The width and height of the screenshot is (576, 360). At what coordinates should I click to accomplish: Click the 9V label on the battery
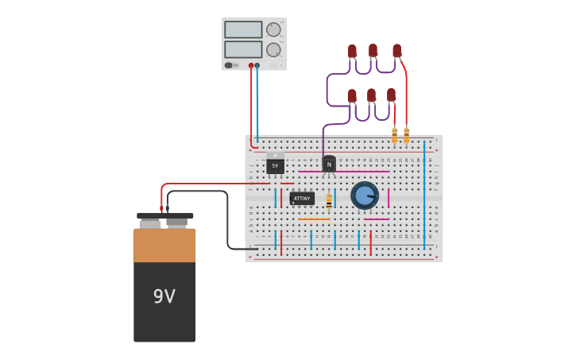point(164,296)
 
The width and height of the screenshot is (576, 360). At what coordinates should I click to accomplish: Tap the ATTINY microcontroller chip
point(302,199)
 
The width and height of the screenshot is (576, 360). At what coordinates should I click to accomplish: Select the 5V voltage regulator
point(275,165)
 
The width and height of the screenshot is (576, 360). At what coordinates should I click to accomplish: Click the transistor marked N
point(329,165)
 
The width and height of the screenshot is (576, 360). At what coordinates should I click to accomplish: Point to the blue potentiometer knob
point(365,195)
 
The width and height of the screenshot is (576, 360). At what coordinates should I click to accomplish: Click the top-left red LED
point(352,52)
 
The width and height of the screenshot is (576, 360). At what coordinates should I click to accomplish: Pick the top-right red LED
point(396,51)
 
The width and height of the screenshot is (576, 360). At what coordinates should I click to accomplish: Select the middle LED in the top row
point(373,51)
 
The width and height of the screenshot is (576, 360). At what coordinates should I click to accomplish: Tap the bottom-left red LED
point(352,96)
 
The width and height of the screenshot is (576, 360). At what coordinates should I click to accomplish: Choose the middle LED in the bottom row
point(371,95)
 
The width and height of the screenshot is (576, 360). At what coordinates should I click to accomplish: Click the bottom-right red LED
point(391,95)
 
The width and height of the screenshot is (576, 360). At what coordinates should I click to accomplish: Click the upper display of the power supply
point(243,29)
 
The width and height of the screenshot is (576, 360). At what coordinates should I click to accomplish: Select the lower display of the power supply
point(243,49)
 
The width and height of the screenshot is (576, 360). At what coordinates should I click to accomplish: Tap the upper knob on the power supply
point(273,29)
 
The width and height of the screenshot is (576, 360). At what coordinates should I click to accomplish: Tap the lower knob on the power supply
point(273,50)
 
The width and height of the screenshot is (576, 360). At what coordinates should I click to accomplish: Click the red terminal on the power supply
point(251,65)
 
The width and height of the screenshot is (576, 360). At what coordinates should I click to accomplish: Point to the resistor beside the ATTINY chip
point(329,201)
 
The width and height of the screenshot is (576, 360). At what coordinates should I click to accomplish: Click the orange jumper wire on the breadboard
point(314,219)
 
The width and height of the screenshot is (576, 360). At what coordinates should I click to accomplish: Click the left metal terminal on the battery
point(150,222)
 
